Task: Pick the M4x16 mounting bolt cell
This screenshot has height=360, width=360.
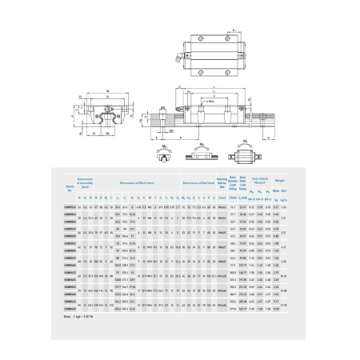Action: (222, 206)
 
